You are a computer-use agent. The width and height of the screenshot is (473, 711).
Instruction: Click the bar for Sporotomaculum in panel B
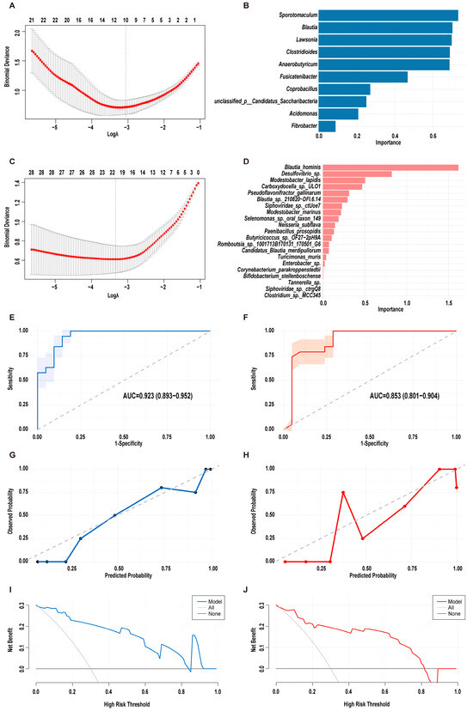387,15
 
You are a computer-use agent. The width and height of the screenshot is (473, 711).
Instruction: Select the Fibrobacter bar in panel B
326,126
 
